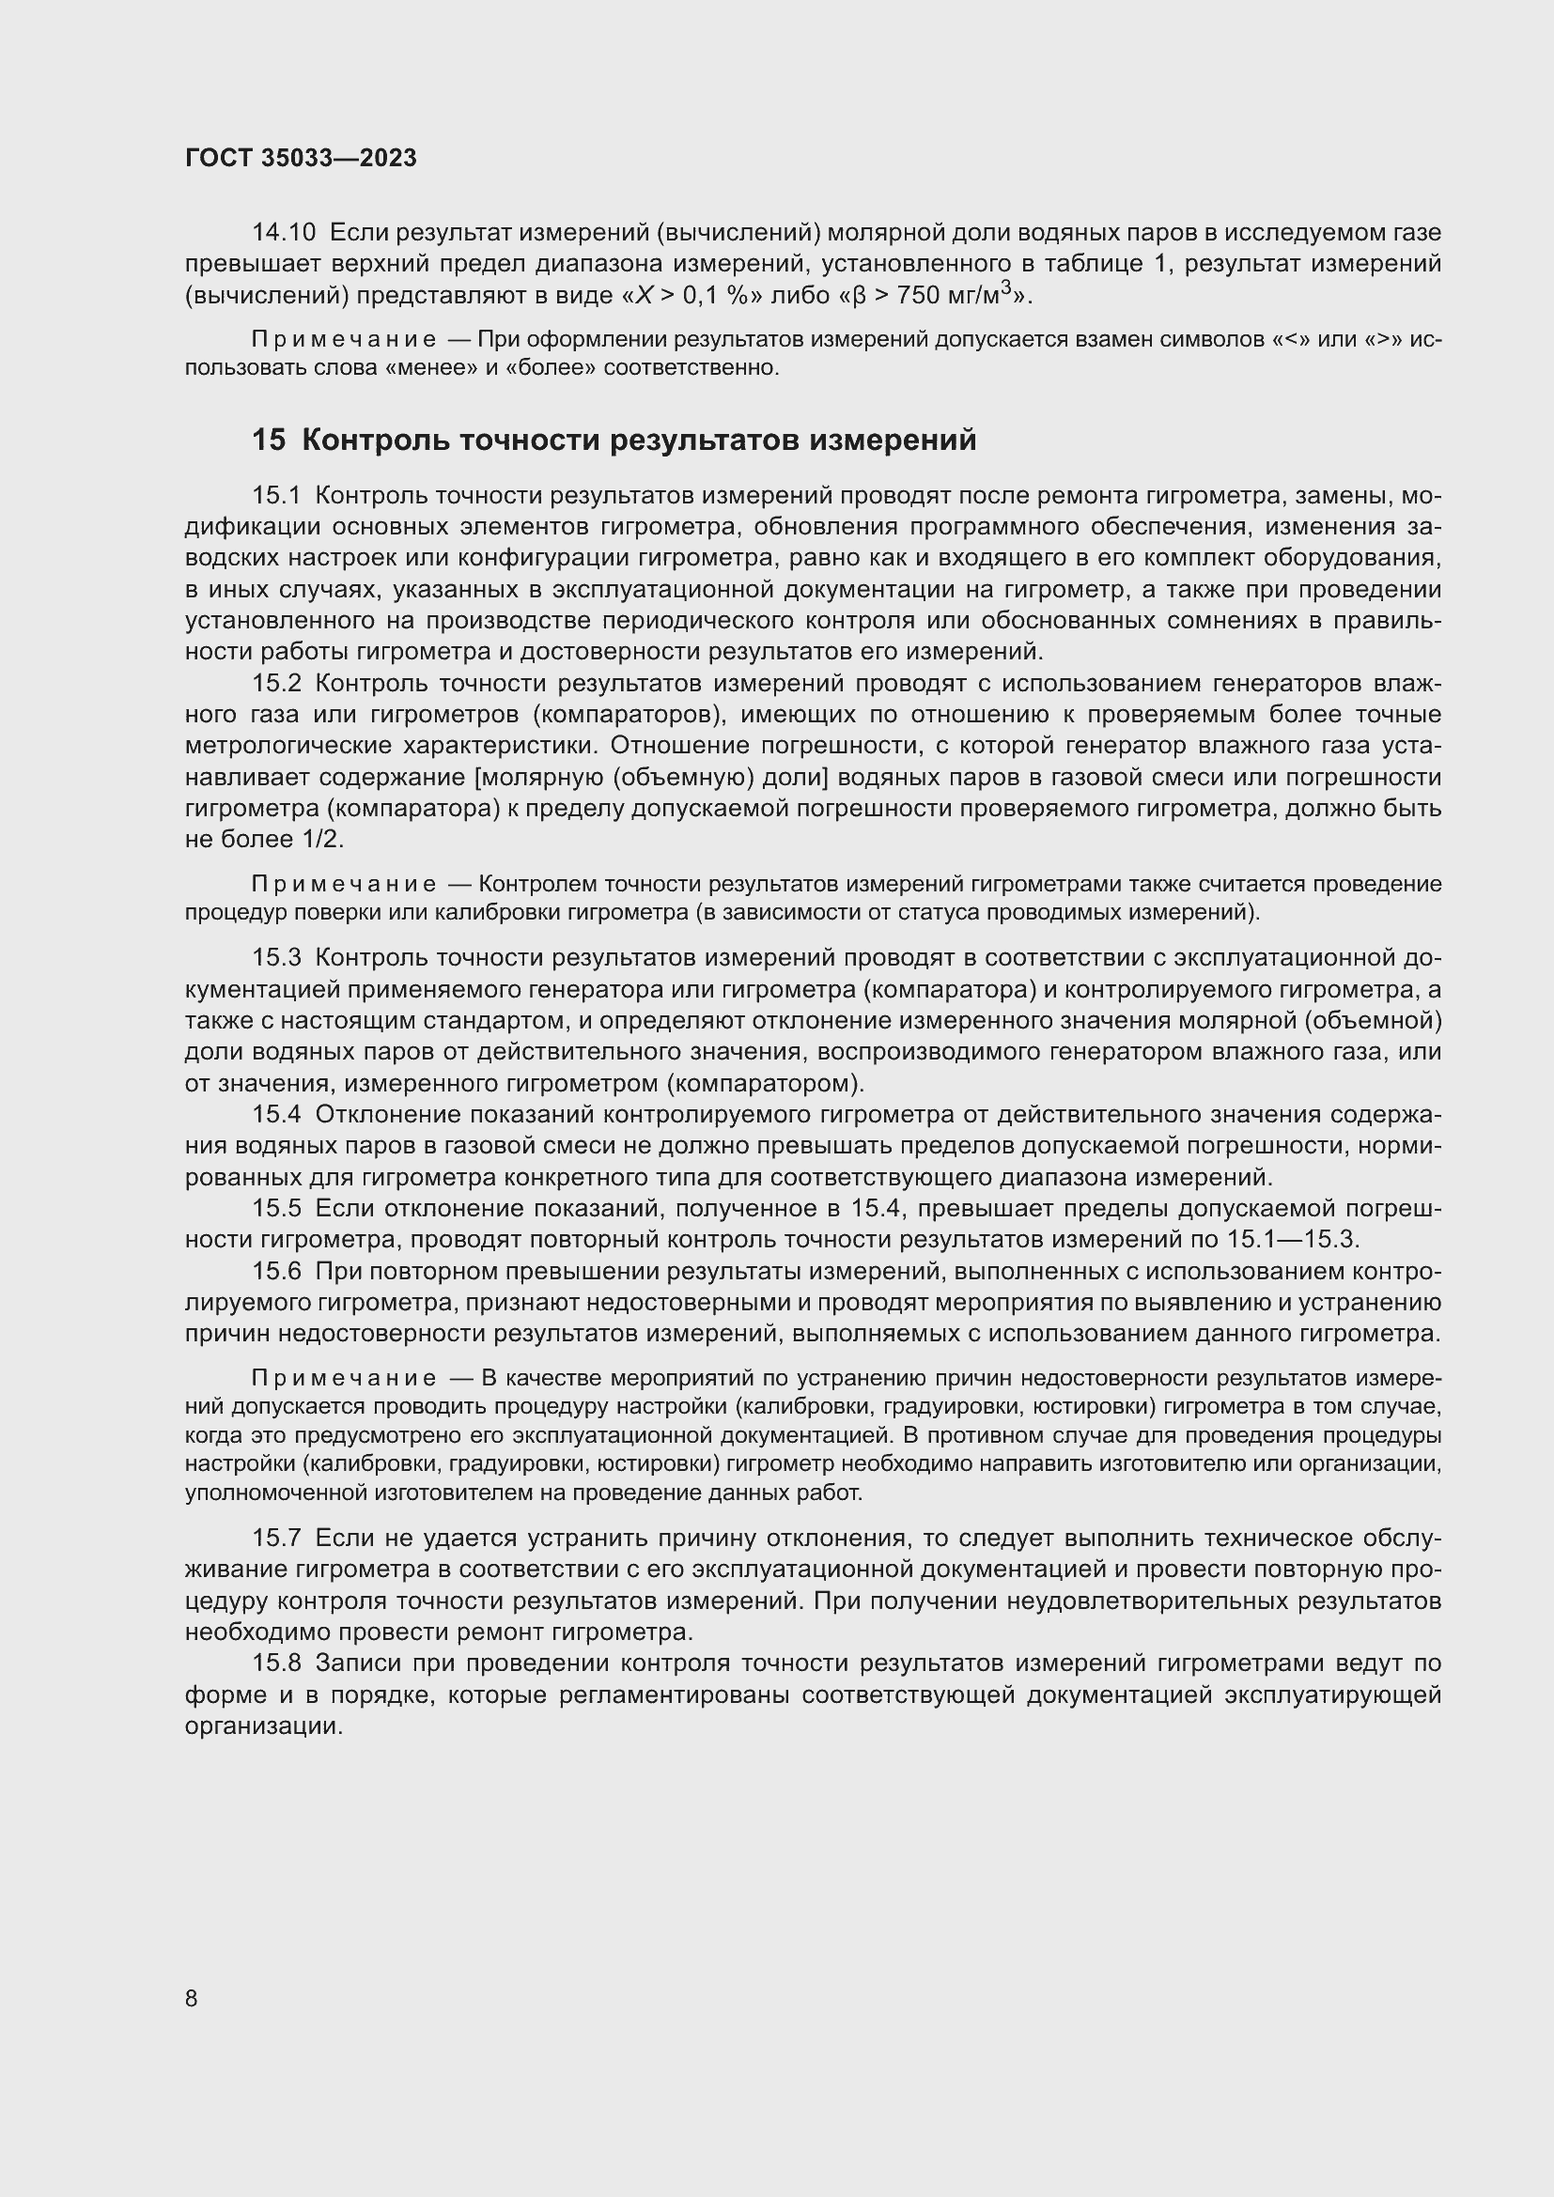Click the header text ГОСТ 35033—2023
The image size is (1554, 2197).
coord(301,159)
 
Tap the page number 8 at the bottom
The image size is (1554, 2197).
coord(192,1998)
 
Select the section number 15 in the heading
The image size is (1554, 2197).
coord(269,441)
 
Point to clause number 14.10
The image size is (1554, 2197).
coord(283,233)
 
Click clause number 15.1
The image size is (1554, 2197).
coord(276,496)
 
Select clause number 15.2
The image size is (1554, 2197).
coord(276,683)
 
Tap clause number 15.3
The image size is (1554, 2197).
coord(276,958)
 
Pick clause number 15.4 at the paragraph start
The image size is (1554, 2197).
coord(276,1115)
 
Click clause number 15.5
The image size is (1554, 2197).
coord(276,1210)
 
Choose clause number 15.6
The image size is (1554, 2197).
coord(276,1272)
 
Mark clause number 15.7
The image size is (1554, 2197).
coord(276,1539)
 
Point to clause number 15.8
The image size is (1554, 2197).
coord(276,1664)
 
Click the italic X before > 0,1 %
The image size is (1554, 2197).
coord(645,296)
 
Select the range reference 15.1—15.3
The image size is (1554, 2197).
coord(1292,1240)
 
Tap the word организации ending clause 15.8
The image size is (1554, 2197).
coord(263,1727)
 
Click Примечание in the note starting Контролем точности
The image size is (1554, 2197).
coord(345,885)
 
